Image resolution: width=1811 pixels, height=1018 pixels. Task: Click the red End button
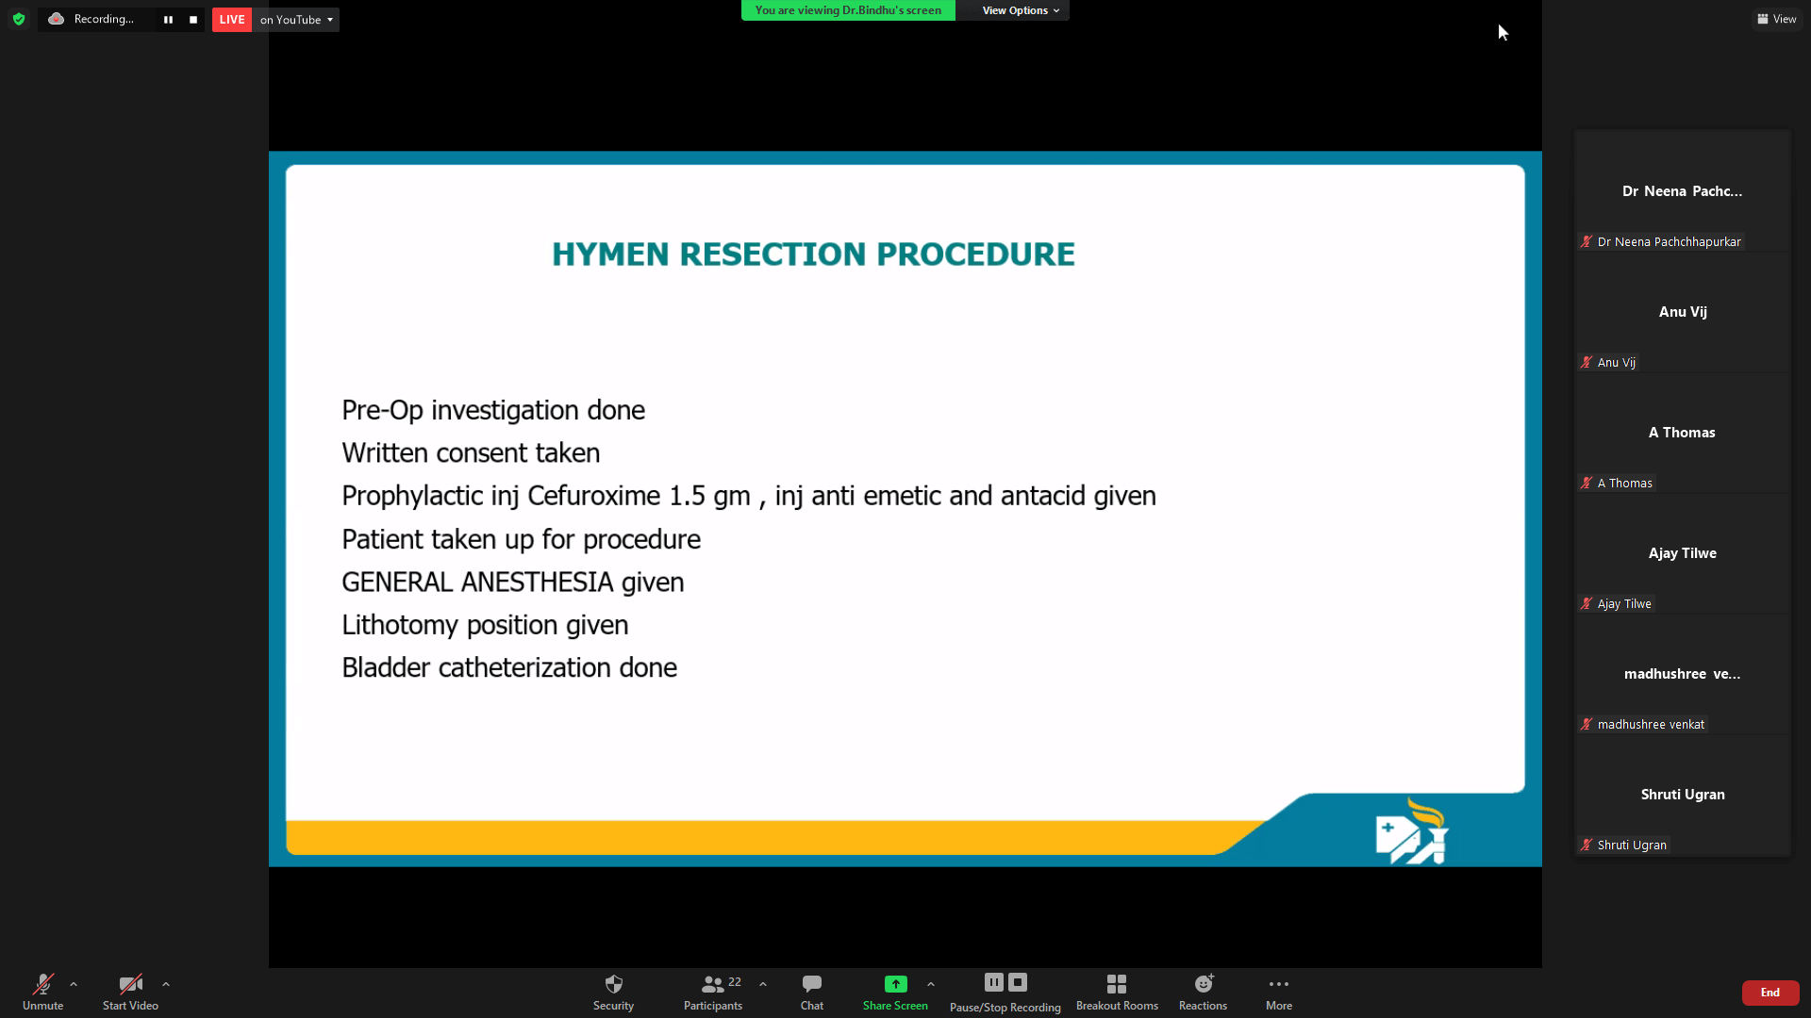(x=1769, y=993)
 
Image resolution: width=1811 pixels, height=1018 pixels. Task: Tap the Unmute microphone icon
(x=43, y=984)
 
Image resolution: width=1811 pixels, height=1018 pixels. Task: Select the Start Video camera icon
(x=130, y=984)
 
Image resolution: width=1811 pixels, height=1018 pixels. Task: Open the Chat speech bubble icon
(x=811, y=984)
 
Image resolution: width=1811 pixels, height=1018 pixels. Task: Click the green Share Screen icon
(x=895, y=984)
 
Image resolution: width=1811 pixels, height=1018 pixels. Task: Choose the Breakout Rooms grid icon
(x=1117, y=984)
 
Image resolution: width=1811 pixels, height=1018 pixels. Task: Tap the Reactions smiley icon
(x=1204, y=984)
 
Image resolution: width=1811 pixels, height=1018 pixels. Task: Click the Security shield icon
(x=613, y=984)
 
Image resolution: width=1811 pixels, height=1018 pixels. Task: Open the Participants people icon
(x=713, y=984)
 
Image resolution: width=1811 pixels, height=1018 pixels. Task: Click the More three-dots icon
(x=1279, y=984)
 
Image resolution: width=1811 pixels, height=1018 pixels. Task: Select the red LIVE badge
(x=232, y=20)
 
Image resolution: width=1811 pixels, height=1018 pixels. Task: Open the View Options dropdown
(x=1021, y=10)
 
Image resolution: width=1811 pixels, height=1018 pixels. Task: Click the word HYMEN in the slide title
(x=610, y=254)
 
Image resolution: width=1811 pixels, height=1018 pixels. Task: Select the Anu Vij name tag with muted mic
(x=1609, y=363)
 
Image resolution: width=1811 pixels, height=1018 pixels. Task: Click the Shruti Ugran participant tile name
(x=1683, y=795)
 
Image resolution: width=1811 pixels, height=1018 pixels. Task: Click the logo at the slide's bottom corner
(x=1412, y=832)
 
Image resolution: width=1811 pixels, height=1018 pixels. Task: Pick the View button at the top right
(x=1777, y=19)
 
